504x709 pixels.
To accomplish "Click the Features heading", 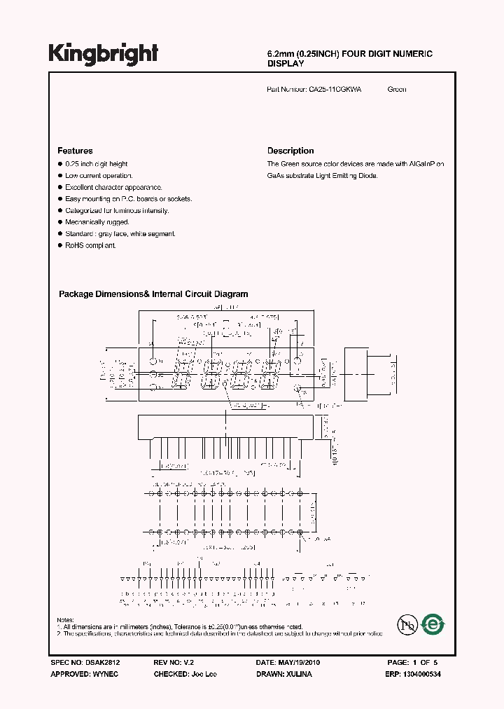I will [x=75, y=151].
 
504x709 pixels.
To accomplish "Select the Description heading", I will [x=290, y=151].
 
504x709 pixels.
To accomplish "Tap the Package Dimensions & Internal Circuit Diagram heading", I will [x=153, y=294].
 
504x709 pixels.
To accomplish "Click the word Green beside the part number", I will [x=397, y=89].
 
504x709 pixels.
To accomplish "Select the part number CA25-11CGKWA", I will [x=335, y=89].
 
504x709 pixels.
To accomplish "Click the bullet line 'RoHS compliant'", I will [x=90, y=246].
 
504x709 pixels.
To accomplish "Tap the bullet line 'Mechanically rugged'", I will [x=97, y=222].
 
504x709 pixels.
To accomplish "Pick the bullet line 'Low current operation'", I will [x=99, y=176].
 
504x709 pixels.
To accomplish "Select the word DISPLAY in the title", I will [x=286, y=64].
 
